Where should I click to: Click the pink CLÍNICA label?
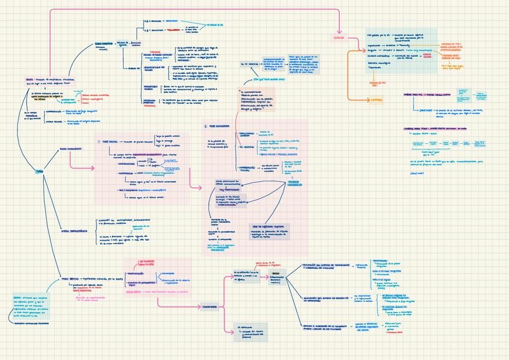(339, 38)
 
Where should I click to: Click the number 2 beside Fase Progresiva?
(205, 127)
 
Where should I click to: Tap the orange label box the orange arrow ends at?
(376, 100)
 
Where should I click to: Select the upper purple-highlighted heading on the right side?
(424, 95)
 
